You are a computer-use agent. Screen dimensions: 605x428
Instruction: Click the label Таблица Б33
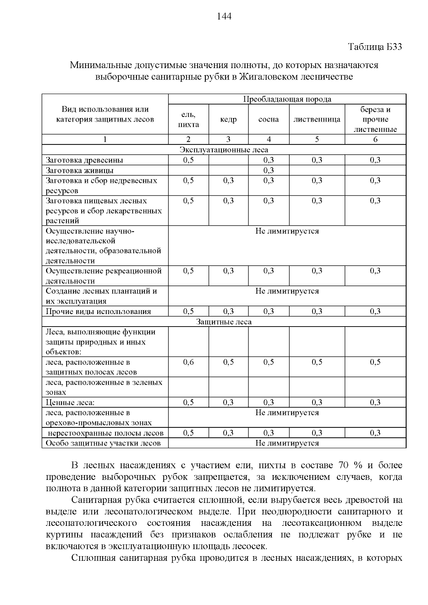(x=375, y=47)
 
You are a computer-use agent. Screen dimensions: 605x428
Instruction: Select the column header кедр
(x=228, y=120)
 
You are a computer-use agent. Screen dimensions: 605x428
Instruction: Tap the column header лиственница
(x=317, y=120)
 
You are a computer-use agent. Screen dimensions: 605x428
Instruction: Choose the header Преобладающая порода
(x=287, y=99)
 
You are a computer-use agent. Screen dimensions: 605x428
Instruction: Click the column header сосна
(x=269, y=120)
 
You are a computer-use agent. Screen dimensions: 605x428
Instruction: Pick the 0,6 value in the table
(x=188, y=362)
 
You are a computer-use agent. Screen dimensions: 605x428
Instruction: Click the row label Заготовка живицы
(x=80, y=170)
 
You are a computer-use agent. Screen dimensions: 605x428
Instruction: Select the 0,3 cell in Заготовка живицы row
(x=269, y=170)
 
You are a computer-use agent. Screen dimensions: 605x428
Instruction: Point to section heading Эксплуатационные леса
(x=224, y=150)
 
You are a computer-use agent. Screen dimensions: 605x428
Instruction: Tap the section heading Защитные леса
(x=224, y=322)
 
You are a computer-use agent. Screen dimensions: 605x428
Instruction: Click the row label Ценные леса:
(x=70, y=403)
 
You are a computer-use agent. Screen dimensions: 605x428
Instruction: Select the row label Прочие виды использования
(x=98, y=312)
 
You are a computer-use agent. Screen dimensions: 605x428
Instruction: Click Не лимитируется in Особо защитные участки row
(x=287, y=443)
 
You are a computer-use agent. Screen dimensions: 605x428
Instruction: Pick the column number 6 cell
(x=375, y=139)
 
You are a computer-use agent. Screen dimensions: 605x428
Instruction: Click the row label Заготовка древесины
(x=85, y=160)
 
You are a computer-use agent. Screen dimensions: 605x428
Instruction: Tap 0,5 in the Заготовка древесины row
(x=188, y=160)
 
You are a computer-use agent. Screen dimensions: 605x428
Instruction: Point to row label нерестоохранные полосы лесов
(x=106, y=433)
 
